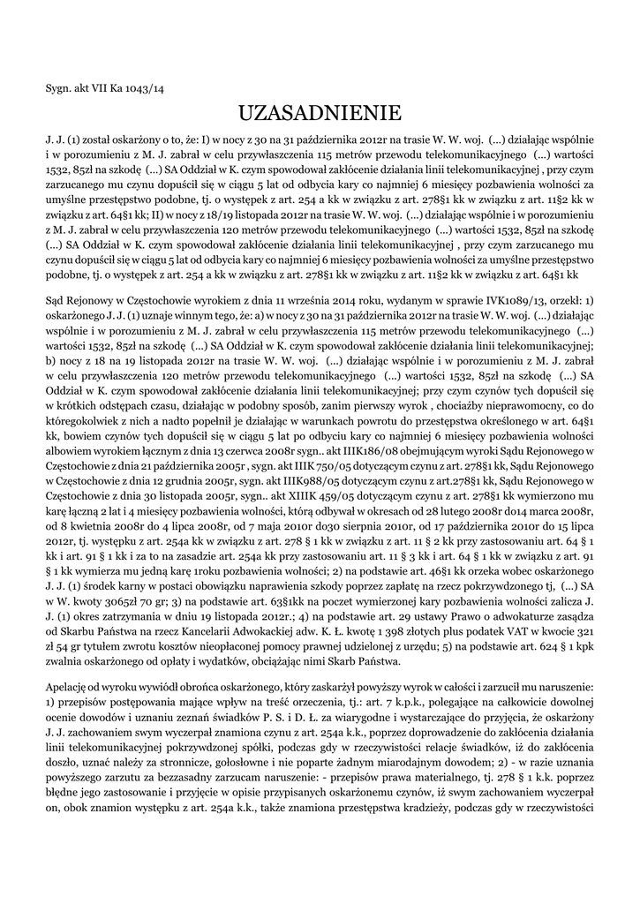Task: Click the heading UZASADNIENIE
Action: point(320,113)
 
